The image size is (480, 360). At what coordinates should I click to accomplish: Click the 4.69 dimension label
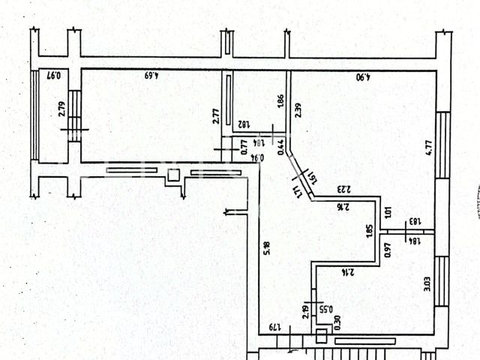click(153, 76)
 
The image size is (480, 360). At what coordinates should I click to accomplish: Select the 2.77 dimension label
click(215, 116)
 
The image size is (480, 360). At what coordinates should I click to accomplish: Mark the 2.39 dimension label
click(298, 110)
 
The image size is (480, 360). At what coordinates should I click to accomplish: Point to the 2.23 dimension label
click(344, 189)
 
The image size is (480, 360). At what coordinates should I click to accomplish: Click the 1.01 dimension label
click(387, 212)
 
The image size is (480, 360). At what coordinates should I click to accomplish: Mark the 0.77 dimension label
click(244, 148)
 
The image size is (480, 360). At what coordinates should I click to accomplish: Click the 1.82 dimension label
click(244, 125)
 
